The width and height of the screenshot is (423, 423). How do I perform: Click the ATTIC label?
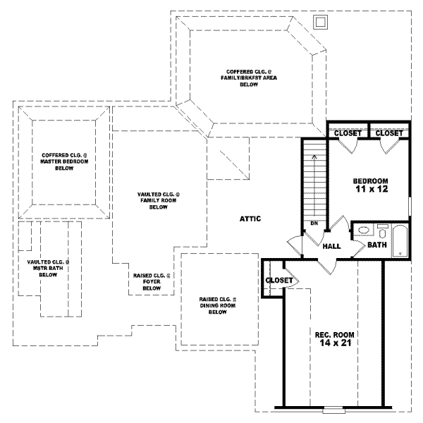[x=250, y=219]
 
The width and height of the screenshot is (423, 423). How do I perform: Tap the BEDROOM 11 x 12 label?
[x=370, y=185]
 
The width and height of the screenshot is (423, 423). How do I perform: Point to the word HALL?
[x=331, y=247]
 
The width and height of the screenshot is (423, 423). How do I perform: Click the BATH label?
[x=376, y=245]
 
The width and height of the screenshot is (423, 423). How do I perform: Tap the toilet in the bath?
[x=382, y=230]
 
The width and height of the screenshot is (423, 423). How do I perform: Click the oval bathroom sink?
[x=363, y=230]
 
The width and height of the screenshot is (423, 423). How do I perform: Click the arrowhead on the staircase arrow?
[x=314, y=157]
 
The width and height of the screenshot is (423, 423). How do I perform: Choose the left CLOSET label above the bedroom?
[x=348, y=133]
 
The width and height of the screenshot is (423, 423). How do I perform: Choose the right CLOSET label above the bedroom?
[x=389, y=133]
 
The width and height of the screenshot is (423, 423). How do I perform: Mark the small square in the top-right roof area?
[x=320, y=22]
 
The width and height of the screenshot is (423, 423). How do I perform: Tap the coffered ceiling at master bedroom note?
[x=63, y=161]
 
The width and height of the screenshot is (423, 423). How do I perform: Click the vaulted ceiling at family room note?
[x=157, y=200]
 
